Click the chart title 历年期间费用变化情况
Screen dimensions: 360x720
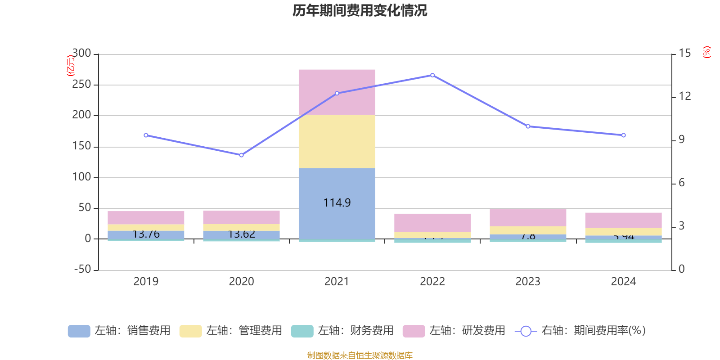pos(360,10)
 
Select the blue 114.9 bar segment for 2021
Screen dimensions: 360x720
pos(337,203)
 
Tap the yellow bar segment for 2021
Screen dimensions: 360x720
pos(337,141)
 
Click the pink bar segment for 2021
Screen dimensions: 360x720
pos(337,92)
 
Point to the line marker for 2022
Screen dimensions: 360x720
pos(432,75)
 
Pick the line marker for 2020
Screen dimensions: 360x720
pos(242,155)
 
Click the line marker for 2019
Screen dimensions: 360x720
pos(146,135)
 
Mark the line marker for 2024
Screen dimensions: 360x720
pos(623,135)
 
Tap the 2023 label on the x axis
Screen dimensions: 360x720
pos(528,282)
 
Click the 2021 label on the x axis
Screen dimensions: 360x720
pos(337,282)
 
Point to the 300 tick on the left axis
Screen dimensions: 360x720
pos(81,53)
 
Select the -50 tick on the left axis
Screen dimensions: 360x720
pos(82,269)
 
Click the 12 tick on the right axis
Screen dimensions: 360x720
pos(685,96)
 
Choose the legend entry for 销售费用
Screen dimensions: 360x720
pos(119,331)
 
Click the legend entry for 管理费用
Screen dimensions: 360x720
pos(231,331)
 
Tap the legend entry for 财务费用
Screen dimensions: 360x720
pos(342,331)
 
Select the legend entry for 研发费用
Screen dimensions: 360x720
pos(454,331)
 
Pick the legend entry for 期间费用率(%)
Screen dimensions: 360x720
pos(580,331)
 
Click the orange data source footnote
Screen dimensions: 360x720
pos(360,355)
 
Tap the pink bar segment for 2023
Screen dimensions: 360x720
pos(528,218)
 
